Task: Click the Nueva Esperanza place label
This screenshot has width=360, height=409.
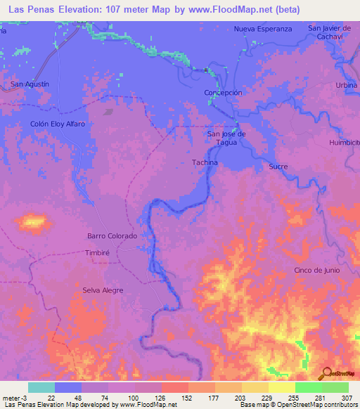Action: [x=262, y=29]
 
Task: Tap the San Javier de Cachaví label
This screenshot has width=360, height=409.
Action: [x=329, y=32]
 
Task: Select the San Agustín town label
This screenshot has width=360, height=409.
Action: [x=30, y=84]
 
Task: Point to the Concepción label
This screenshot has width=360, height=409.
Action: [x=223, y=93]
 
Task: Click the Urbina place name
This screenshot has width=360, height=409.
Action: [x=346, y=85]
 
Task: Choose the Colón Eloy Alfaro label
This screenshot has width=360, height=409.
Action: [x=58, y=124]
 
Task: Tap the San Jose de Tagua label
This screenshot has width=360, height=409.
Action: [x=226, y=138]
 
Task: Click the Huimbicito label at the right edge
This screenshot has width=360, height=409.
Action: [x=344, y=143]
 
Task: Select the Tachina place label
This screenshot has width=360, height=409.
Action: [x=205, y=162]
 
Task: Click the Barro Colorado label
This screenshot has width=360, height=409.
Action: [x=112, y=236]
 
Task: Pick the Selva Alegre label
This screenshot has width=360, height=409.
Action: [x=103, y=290]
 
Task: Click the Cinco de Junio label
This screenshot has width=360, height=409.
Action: [x=317, y=271]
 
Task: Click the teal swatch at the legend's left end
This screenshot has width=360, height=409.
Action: [x=41, y=387]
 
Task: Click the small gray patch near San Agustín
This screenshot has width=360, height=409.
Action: [x=108, y=111]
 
